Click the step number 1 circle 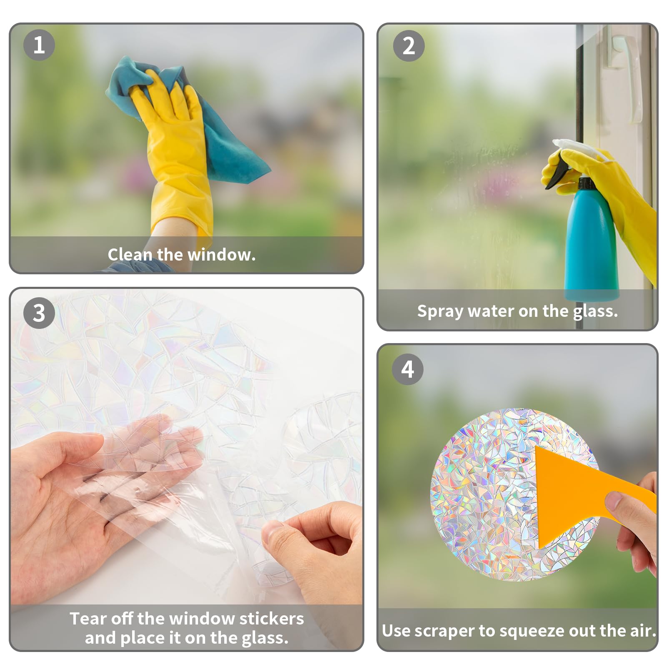pyautogui.click(x=39, y=45)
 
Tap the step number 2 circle pyautogui.click(x=409, y=45)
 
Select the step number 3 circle pyautogui.click(x=39, y=313)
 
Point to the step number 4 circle pyautogui.click(x=408, y=369)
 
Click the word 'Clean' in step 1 pyautogui.click(x=130, y=254)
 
